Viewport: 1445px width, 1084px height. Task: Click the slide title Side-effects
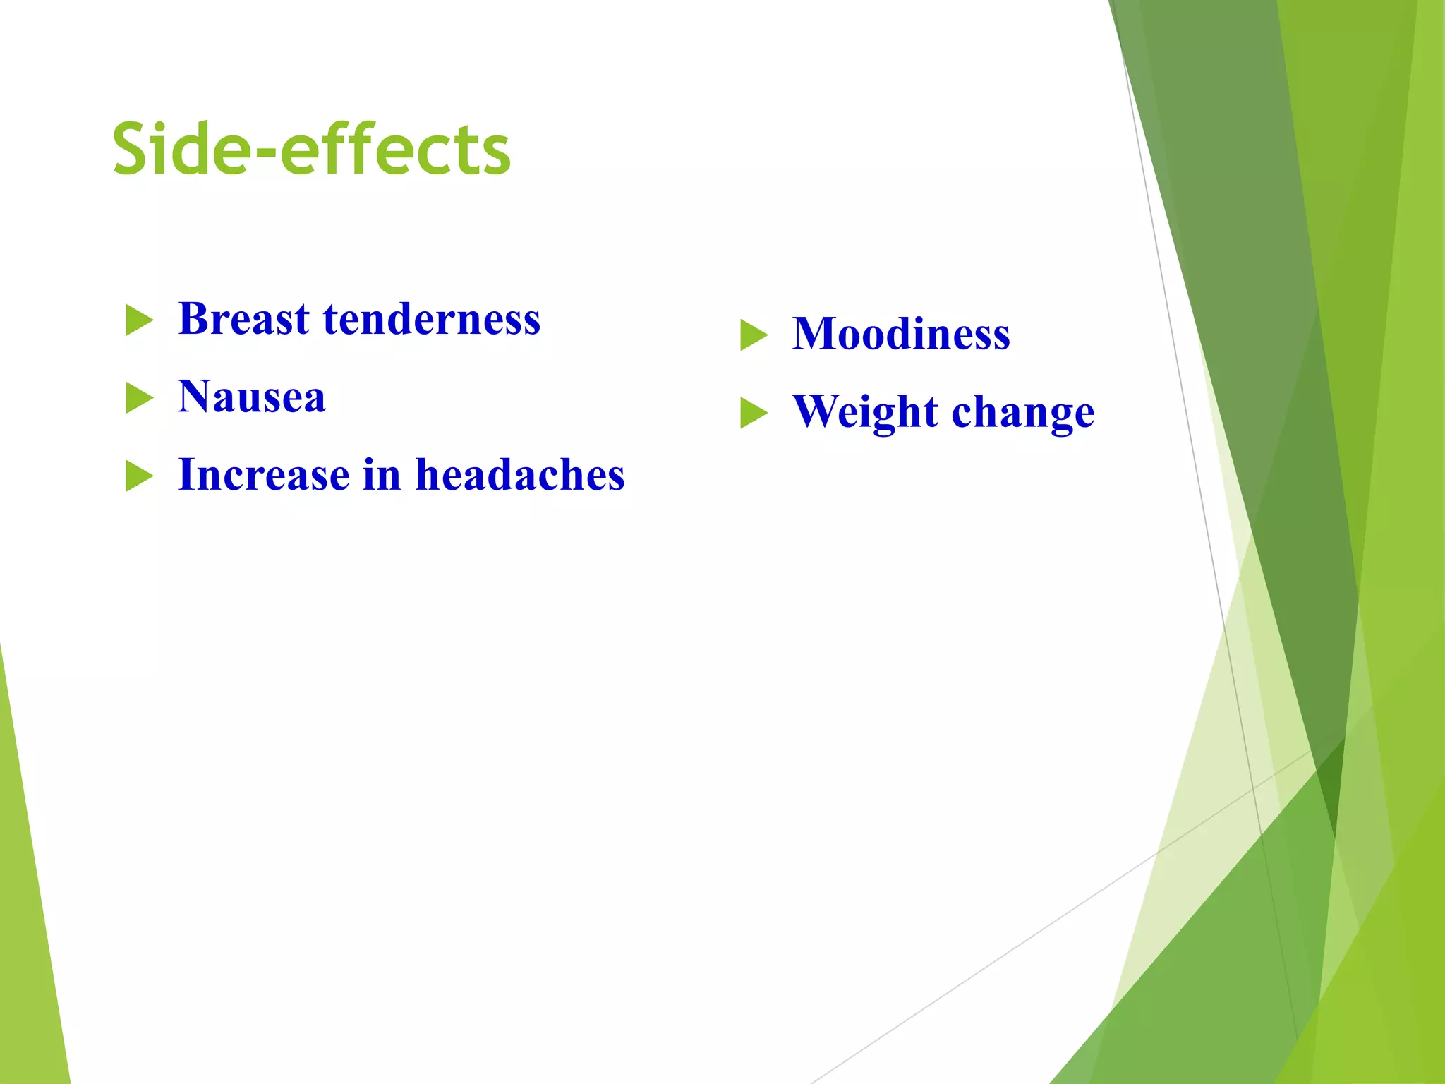pos(311,150)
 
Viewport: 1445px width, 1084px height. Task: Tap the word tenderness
pos(432,319)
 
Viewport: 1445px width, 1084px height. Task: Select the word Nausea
pos(252,397)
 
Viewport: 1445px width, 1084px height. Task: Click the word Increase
pos(263,475)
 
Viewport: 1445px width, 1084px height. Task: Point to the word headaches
pos(520,475)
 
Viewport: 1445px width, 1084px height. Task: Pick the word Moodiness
pos(901,334)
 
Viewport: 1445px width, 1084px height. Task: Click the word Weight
pos(865,413)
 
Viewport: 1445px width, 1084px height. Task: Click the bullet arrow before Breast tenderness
pos(138,320)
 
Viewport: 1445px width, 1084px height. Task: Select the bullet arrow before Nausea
pos(138,398)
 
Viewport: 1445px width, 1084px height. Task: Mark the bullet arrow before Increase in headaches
pos(138,476)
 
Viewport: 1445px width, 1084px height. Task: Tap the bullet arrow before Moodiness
pos(753,335)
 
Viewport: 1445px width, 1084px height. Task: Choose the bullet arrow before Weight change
pos(753,414)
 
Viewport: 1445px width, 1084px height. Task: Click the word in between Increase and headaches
pos(382,475)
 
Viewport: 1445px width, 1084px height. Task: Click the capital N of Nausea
pos(196,397)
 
